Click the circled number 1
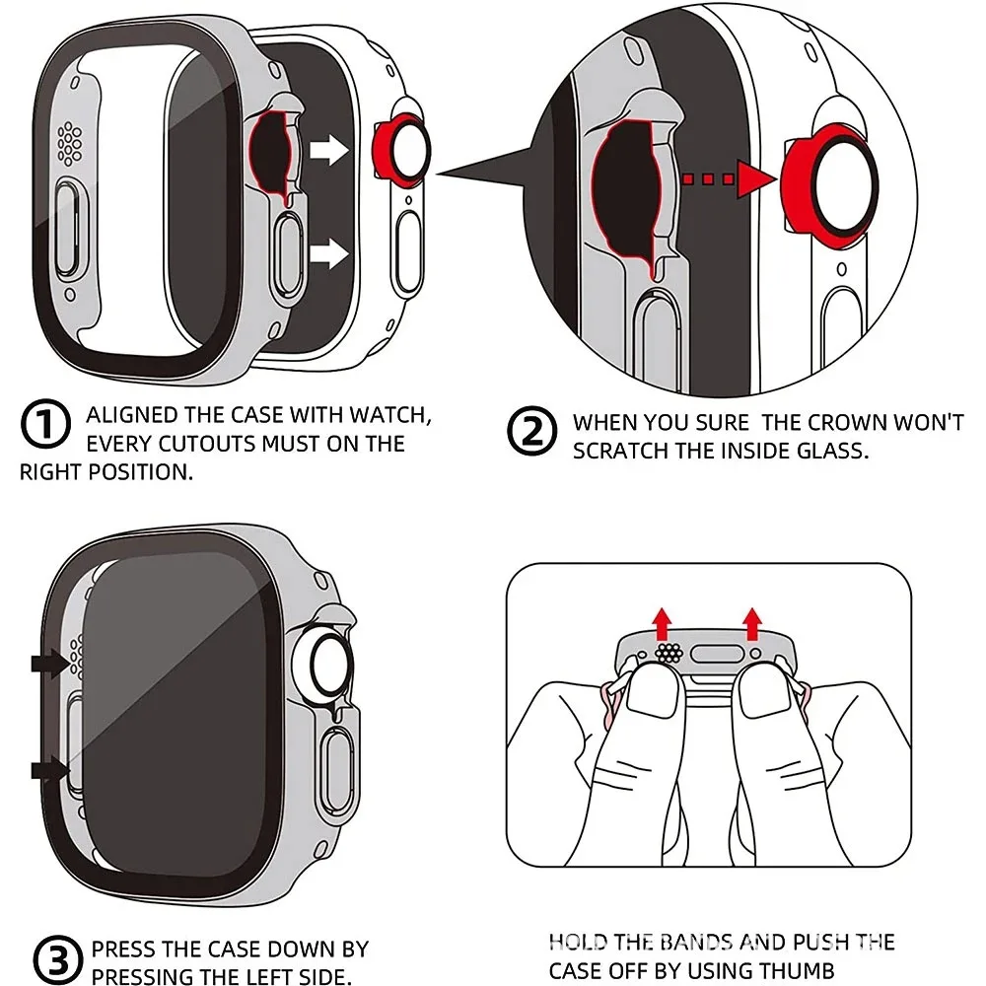pos(44,427)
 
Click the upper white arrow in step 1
pos(328,151)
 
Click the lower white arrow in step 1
pos(328,255)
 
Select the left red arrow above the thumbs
pos(663,622)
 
